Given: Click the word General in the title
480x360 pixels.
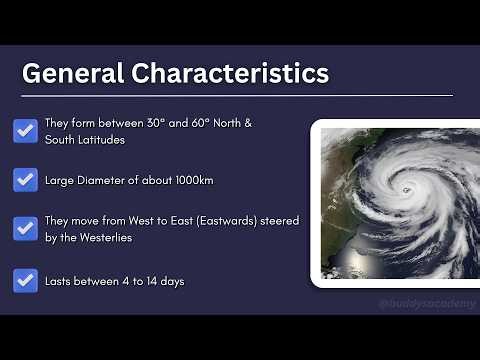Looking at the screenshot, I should [x=72, y=73].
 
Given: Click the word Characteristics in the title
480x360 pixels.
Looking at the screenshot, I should [x=229, y=73].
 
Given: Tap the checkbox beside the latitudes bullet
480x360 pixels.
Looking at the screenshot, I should [x=26, y=130].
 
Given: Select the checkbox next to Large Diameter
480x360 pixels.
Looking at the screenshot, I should [x=26, y=180].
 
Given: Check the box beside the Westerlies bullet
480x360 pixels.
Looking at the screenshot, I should [x=26, y=229].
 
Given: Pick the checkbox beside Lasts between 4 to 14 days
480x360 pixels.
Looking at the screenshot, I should [x=26, y=281].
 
